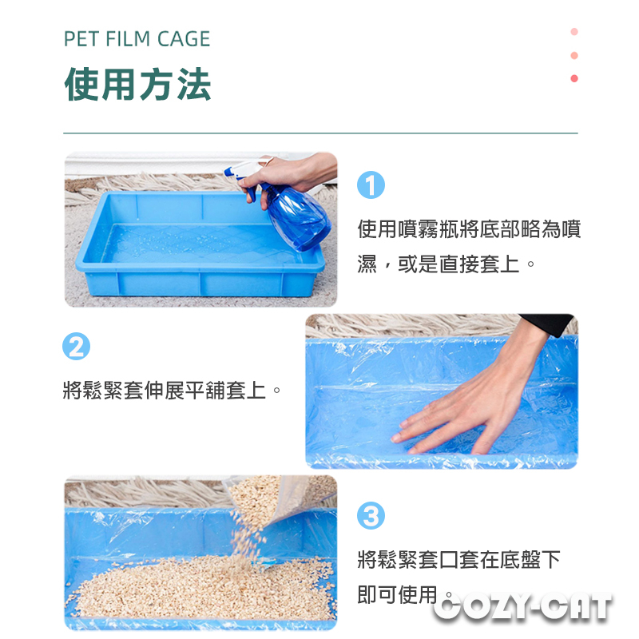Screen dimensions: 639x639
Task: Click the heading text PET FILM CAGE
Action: pyautogui.click(x=137, y=39)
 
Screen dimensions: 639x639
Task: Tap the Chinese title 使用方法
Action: pyautogui.click(x=137, y=85)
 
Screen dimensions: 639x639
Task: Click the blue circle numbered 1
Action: pyautogui.click(x=371, y=185)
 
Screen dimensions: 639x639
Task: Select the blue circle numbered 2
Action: pyautogui.click(x=76, y=347)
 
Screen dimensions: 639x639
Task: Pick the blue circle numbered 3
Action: pyautogui.click(x=371, y=515)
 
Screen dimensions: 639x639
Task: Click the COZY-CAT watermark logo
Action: pyautogui.click(x=523, y=607)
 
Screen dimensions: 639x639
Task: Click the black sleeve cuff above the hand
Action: pyautogui.click(x=548, y=324)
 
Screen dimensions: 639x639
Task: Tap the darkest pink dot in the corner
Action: pyautogui.click(x=574, y=78)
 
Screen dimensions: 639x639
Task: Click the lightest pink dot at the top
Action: pyautogui.click(x=574, y=32)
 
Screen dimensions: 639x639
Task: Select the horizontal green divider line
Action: pyautogui.click(x=321, y=133)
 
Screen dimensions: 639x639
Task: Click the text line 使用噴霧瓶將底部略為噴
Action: pyautogui.click(x=469, y=229)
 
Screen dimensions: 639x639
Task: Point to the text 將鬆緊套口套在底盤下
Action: pyautogui.click(x=458, y=560)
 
